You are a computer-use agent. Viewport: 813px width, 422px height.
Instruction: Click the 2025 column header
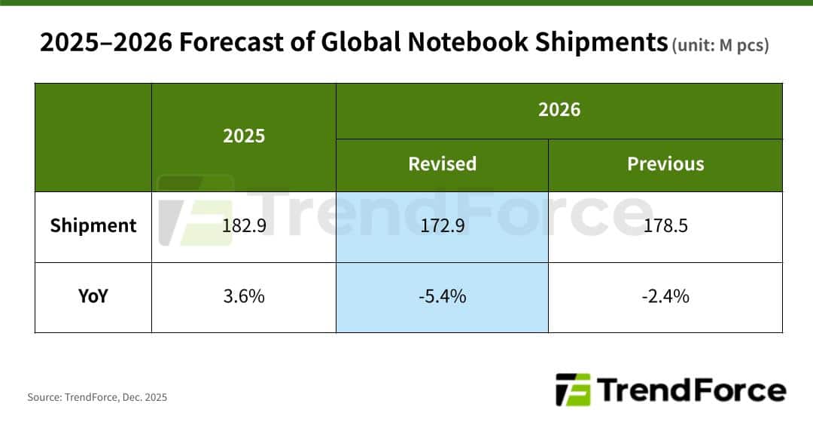point(244,136)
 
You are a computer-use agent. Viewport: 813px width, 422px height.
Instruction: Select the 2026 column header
point(559,110)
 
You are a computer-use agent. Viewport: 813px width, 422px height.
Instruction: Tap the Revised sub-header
point(442,164)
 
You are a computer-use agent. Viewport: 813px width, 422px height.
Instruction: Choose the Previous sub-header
point(665,164)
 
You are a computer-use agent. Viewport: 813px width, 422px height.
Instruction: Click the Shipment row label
point(93,225)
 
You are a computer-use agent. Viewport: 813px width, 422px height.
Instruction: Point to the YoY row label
point(93,296)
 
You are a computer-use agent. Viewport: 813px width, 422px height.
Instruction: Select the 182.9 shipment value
point(244,225)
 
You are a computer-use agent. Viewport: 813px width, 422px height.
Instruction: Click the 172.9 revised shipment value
point(442,225)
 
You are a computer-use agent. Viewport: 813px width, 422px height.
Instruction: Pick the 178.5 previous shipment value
point(665,225)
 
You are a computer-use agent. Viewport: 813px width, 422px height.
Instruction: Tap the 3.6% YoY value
point(244,296)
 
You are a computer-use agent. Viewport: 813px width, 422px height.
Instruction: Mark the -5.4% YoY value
point(442,296)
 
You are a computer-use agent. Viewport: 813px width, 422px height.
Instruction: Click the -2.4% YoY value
point(665,296)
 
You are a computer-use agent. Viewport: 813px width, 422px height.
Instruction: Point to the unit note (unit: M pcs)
point(719,45)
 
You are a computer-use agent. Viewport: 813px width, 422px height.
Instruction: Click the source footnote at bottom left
point(97,397)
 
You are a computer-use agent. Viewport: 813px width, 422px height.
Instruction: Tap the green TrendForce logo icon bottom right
point(573,390)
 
